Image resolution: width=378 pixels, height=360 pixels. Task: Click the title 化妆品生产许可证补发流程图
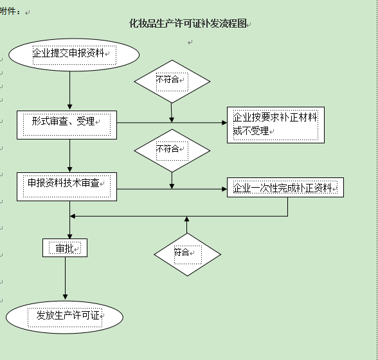pyautogui.click(x=188, y=24)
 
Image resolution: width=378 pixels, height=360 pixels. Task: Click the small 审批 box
pyautogui.click(x=65, y=248)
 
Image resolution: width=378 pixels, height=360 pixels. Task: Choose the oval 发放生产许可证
pyautogui.click(x=64, y=316)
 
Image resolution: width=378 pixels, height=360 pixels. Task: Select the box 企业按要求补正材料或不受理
pyautogui.click(x=275, y=125)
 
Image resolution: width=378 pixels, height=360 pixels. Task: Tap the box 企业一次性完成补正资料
pyautogui.click(x=285, y=188)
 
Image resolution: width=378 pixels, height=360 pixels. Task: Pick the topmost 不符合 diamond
pyautogui.click(x=172, y=81)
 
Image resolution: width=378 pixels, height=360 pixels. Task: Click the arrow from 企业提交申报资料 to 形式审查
pyautogui.click(x=70, y=90)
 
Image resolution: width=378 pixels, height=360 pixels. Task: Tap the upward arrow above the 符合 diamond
pyautogui.click(x=187, y=224)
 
